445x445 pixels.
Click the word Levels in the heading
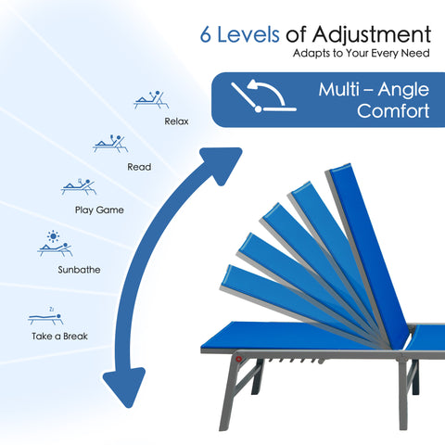tap(248, 34)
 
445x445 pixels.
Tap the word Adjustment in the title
tap(372, 35)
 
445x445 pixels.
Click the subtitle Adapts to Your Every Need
tap(362, 53)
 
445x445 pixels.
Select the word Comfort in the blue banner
tap(393, 110)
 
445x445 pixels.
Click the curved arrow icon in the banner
tap(263, 95)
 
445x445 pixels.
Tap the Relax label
tap(176, 121)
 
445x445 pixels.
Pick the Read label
tap(139, 167)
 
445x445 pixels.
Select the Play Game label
tap(99, 210)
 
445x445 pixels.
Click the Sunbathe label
tap(79, 270)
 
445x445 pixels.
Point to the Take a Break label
tap(59, 337)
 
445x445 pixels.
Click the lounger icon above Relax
tap(151, 100)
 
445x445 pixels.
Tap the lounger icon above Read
tap(110, 144)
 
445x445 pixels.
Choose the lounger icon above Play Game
tap(79, 186)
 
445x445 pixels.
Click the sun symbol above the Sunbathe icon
tap(53, 236)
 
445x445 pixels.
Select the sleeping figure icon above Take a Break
tap(45, 317)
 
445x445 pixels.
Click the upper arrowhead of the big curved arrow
tap(222, 164)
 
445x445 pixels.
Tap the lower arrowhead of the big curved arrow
tap(124, 387)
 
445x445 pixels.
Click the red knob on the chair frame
tap(238, 359)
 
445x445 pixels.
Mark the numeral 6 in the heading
tap(206, 34)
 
